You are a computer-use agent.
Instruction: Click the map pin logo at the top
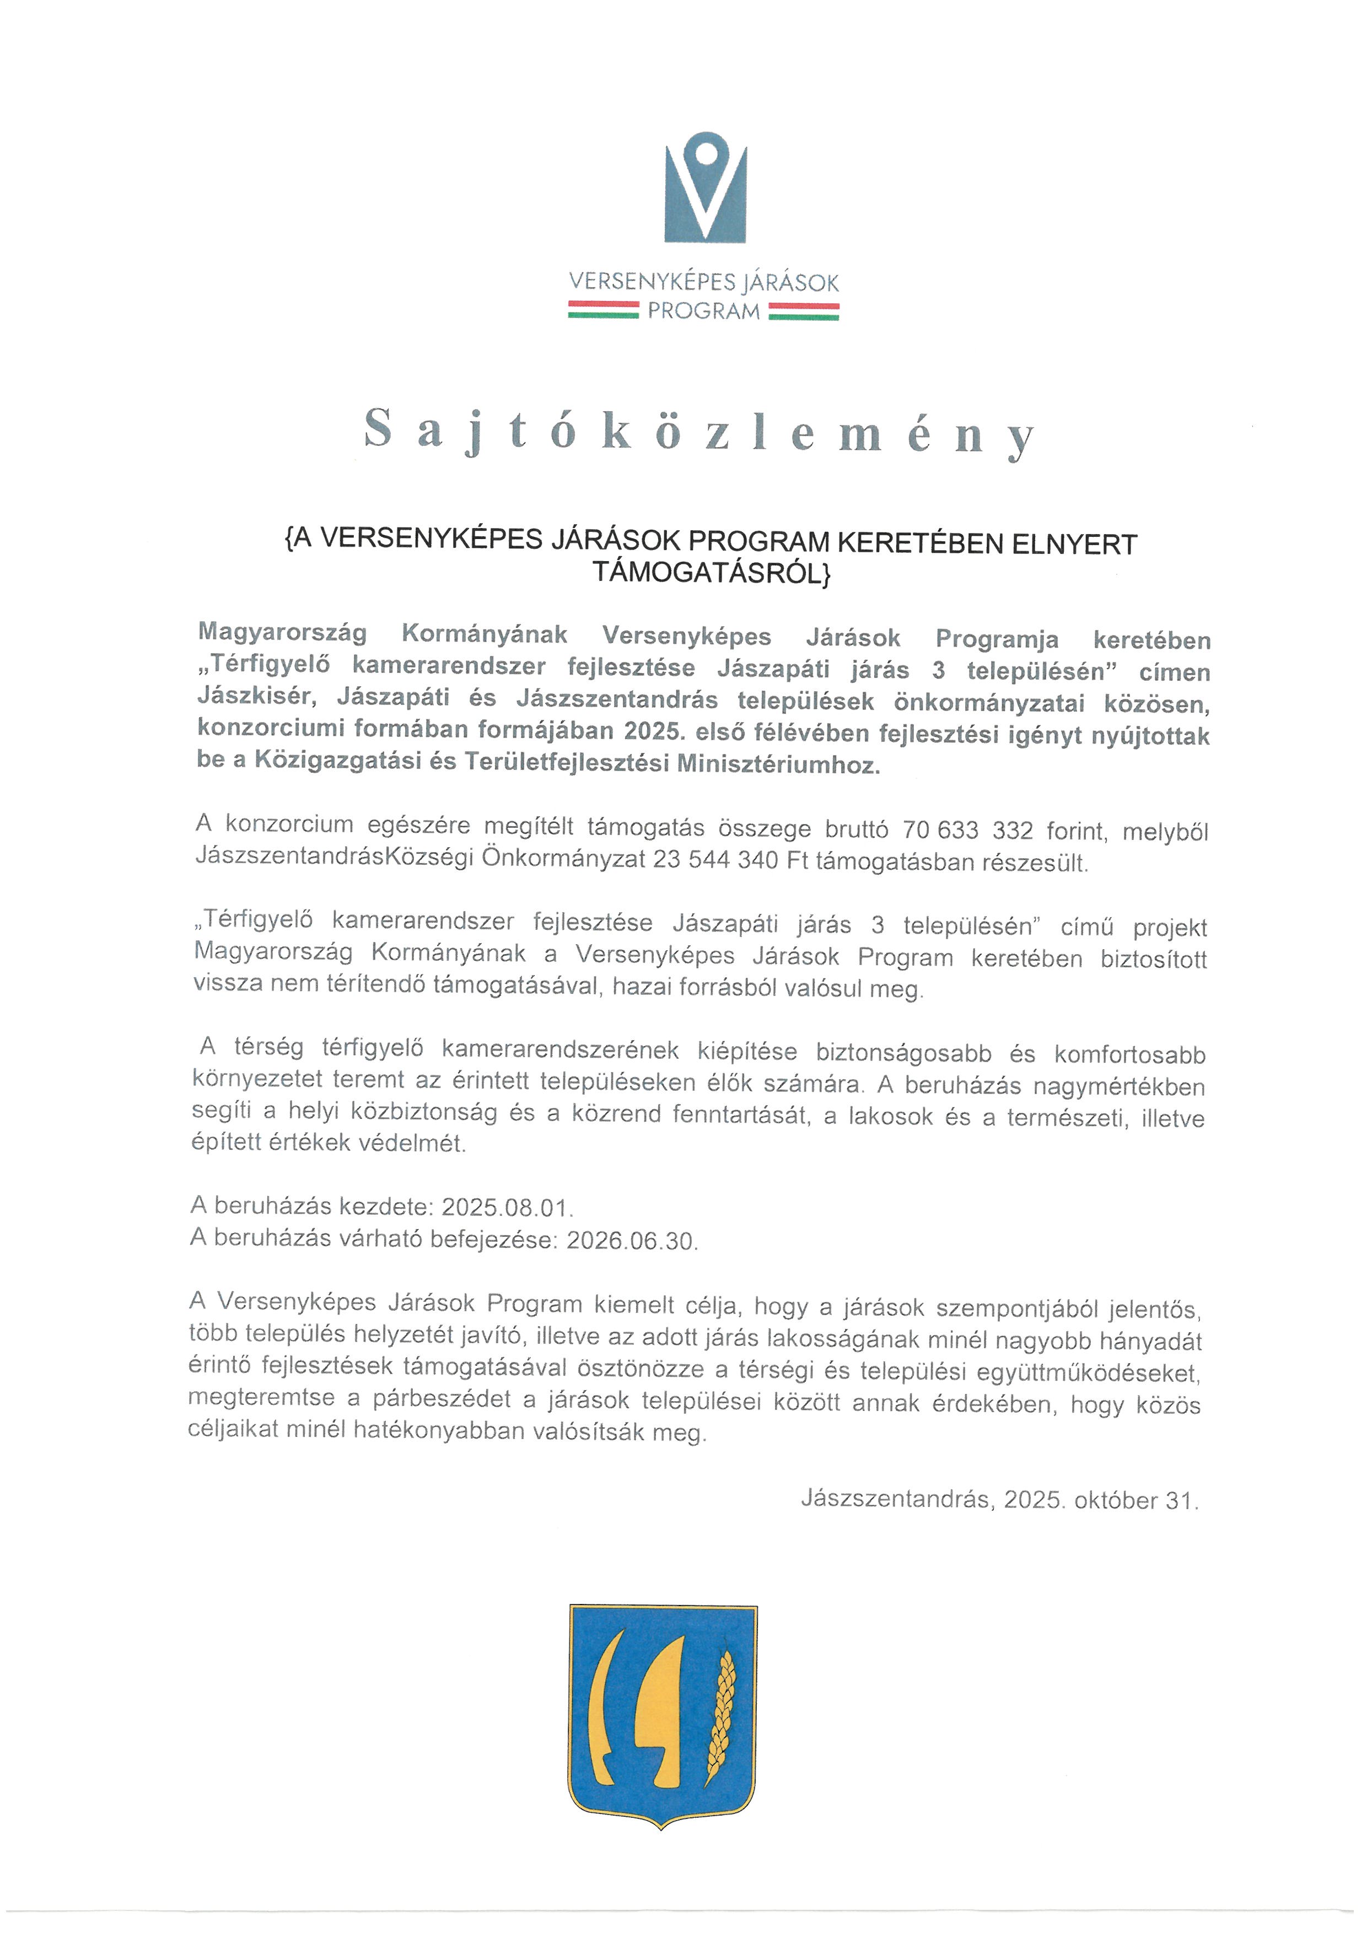pyautogui.click(x=706, y=187)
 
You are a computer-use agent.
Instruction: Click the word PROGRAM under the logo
pyautogui.click(x=704, y=311)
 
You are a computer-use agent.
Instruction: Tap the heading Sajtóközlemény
pyautogui.click(x=698, y=431)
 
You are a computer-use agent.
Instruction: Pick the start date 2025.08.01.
pyautogui.click(x=507, y=1207)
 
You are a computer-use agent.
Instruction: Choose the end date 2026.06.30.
pyautogui.click(x=631, y=1240)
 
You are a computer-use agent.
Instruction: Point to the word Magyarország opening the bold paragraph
pyautogui.click(x=282, y=633)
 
